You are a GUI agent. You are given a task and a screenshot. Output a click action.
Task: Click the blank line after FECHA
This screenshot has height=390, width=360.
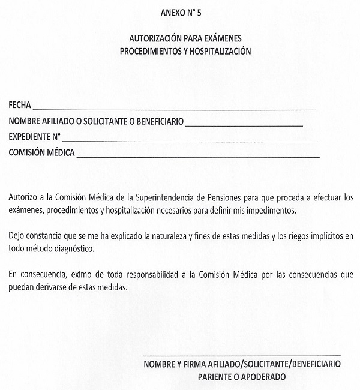(x=174, y=109)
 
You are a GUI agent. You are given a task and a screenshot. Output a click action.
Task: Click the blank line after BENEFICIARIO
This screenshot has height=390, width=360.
(x=244, y=125)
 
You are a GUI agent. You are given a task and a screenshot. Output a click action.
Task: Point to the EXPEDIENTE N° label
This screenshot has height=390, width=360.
(x=35, y=137)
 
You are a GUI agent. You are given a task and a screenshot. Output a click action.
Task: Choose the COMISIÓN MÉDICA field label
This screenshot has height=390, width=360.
(x=42, y=152)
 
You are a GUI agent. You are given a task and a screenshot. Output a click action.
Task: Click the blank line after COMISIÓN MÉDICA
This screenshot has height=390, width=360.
(x=198, y=156)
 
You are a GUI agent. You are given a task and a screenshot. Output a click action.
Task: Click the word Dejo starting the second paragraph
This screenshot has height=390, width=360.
(x=17, y=235)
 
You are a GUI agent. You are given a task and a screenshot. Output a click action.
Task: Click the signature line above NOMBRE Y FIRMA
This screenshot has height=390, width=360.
(x=241, y=355)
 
